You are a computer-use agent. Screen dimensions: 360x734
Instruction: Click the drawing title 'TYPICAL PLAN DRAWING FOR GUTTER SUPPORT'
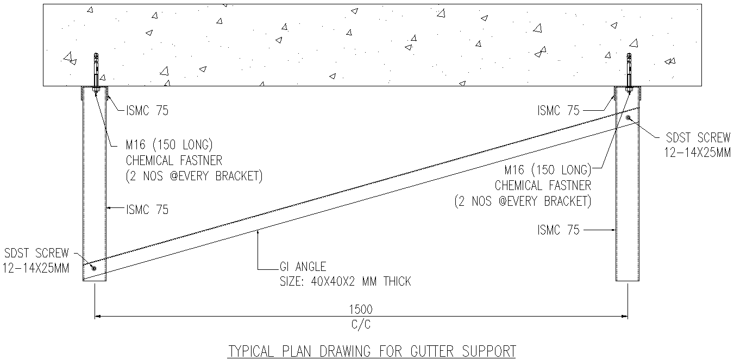(371, 351)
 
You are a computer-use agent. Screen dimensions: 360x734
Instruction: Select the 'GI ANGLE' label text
(303, 267)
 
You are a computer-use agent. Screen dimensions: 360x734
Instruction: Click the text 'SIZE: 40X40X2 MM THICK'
(345, 281)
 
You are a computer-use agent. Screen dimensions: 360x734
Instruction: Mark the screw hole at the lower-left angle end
(94, 268)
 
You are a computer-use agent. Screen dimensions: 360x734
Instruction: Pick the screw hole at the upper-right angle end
(628, 117)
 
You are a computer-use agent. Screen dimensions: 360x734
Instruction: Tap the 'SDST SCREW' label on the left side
(36, 253)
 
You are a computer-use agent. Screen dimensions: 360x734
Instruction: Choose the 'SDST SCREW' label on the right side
(698, 138)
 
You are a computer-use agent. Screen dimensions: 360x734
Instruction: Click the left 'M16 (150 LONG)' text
(168, 146)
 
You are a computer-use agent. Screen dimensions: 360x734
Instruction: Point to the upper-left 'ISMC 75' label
(147, 111)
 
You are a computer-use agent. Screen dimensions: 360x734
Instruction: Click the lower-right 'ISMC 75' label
(559, 230)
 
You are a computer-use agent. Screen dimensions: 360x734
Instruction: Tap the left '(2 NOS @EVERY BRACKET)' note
(194, 176)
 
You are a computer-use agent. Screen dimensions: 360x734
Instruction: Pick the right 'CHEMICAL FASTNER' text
(543, 185)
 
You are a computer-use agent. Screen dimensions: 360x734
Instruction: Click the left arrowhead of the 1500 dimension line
(98, 315)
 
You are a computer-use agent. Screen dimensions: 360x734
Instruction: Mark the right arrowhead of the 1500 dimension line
(626, 315)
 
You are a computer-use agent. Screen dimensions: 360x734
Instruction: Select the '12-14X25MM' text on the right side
(698, 153)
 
